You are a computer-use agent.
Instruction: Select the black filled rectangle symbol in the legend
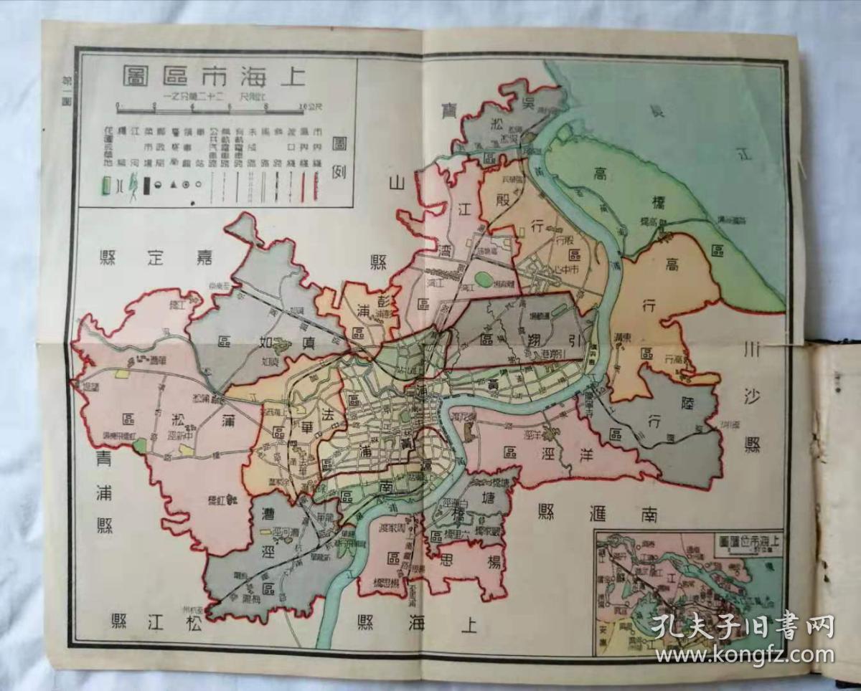click(146, 185)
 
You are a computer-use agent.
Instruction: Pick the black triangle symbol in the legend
click(174, 184)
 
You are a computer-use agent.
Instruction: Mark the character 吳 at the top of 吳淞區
click(527, 103)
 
